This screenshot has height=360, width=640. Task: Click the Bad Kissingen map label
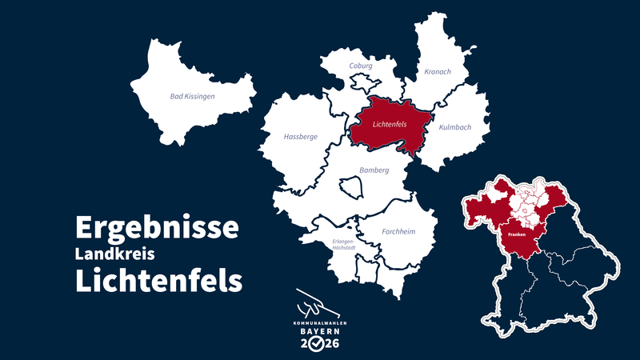193,97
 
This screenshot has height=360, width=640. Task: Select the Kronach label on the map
438,71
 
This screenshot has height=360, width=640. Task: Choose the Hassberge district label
301,137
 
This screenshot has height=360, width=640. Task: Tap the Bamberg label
374,170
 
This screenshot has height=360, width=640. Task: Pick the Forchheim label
398,232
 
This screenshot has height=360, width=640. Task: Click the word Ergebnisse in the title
157,227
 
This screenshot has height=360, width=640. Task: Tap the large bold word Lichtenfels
158,281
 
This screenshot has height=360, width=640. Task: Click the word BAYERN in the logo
319,331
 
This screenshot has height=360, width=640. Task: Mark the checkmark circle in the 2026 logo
318,345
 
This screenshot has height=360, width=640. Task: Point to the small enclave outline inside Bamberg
352,188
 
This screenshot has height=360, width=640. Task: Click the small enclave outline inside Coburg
362,83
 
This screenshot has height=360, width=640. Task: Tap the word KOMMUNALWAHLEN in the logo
319,322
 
